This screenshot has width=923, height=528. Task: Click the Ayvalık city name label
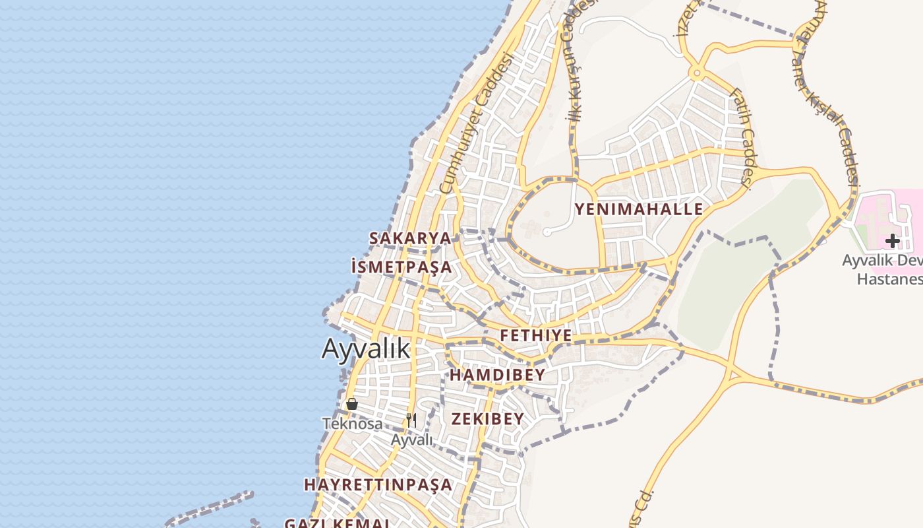(366, 348)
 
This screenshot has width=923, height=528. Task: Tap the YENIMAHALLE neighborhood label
(638, 210)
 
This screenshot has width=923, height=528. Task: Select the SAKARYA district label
(410, 238)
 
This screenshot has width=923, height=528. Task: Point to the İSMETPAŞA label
(402, 267)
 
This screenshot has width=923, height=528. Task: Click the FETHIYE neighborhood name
(535, 336)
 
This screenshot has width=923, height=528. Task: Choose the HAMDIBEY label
(497, 376)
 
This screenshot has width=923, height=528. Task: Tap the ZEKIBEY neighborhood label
(487, 419)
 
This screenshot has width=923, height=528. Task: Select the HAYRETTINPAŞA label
(378, 485)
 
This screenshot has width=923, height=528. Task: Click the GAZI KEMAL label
(337, 523)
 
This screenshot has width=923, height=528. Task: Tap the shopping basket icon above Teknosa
(352, 404)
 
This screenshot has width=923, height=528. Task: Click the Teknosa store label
(352, 424)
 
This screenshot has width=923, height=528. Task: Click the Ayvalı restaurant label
(411, 440)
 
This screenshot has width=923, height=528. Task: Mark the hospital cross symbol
(893, 241)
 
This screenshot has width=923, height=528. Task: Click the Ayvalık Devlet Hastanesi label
(883, 269)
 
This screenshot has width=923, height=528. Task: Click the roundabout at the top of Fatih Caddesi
(696, 73)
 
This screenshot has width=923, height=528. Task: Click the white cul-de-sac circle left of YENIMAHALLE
(547, 232)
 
